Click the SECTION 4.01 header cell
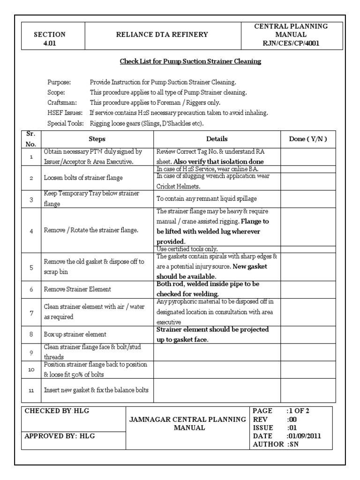(50, 38)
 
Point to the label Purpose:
(60, 82)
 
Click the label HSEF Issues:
(65, 113)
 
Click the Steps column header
(97, 139)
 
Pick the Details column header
(217, 139)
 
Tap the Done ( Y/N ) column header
(308, 139)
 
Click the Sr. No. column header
(31, 139)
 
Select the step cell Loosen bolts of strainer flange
(83, 178)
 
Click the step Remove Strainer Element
(77, 290)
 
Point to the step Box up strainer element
(75, 335)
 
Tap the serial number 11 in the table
(31, 390)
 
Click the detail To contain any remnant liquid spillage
(206, 199)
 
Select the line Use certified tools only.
(187, 249)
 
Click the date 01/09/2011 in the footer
(304, 435)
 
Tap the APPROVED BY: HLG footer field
(60, 436)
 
